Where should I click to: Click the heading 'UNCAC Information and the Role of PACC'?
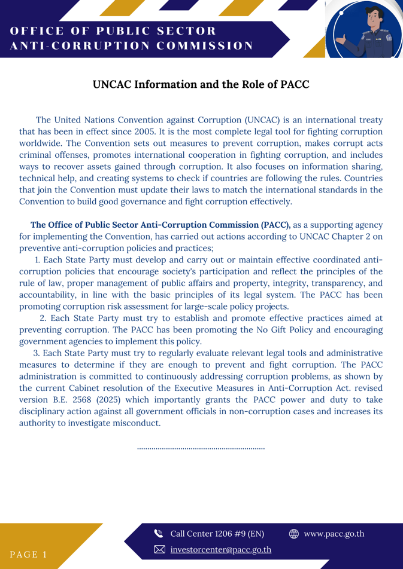(x=201, y=84)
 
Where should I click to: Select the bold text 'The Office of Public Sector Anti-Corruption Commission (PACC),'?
(x=160, y=225)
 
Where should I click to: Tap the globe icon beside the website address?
(x=293, y=534)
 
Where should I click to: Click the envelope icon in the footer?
(x=159, y=549)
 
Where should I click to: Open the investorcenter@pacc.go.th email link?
(x=220, y=549)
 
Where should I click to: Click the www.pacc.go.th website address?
(x=334, y=534)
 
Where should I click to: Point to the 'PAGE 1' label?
(x=29, y=554)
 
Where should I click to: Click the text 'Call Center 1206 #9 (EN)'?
(x=217, y=534)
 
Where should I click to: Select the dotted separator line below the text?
(x=201, y=448)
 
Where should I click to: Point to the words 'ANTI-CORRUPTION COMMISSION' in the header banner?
(x=132, y=46)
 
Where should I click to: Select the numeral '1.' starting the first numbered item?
(x=38, y=260)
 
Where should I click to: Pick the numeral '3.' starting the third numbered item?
(x=37, y=353)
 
